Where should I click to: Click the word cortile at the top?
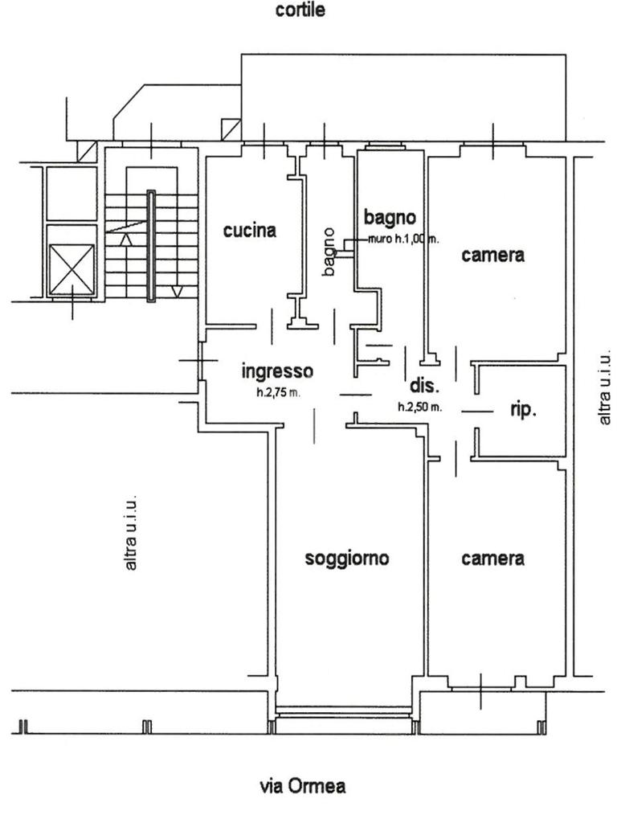[300, 10]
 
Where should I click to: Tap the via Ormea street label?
[303, 786]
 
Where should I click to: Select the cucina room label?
[250, 231]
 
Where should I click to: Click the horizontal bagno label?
[390, 217]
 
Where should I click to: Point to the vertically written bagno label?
[329, 252]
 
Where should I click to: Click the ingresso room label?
[277, 371]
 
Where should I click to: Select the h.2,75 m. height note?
[278, 392]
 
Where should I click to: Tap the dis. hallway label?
[423, 387]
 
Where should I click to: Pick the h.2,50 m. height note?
[419, 406]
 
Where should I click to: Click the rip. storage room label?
[523, 409]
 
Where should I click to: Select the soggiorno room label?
[347, 559]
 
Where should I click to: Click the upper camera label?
[492, 255]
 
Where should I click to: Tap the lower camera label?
[492, 559]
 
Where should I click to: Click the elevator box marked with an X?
[72, 270]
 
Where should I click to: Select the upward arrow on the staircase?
[126, 240]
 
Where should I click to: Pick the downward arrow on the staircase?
[177, 291]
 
